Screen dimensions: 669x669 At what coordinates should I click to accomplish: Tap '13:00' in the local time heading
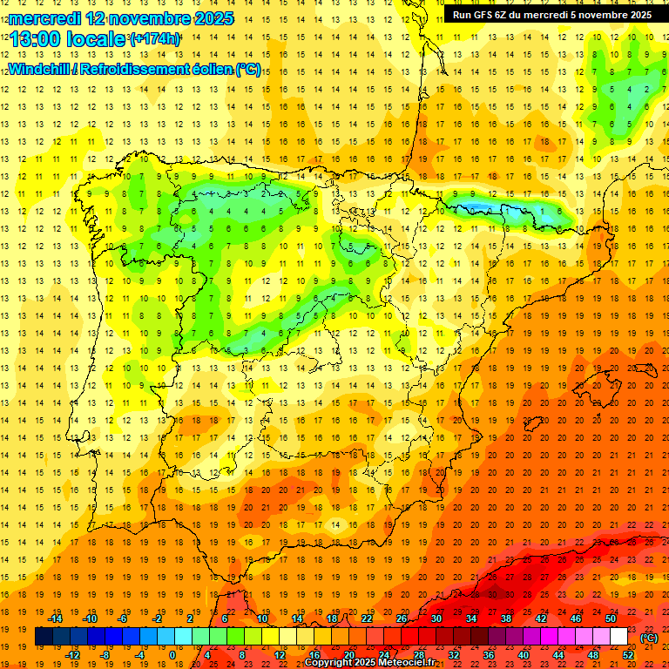[35, 39]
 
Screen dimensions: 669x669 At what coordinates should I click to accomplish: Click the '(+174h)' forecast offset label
[155, 39]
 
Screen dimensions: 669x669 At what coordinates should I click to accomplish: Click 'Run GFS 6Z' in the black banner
[483, 15]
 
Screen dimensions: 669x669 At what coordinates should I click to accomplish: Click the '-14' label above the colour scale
[56, 618]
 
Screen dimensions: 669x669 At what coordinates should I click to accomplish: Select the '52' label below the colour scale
[628, 655]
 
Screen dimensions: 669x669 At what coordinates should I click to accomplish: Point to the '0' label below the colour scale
[172, 655]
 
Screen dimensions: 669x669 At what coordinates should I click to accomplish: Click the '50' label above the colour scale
[611, 618]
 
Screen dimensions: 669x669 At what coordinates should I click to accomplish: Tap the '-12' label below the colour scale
[72, 655]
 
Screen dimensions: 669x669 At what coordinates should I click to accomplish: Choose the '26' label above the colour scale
[402, 618]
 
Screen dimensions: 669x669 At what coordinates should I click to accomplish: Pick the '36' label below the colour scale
[489, 655]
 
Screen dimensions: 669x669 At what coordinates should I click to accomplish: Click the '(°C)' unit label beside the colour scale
[648, 638]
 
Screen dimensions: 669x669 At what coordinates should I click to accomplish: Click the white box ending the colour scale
[619, 637]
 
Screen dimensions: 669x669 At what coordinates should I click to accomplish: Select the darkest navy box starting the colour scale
[44, 637]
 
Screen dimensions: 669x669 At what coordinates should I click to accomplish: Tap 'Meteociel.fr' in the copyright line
[403, 663]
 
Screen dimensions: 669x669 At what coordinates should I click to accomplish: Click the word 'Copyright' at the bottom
[328, 663]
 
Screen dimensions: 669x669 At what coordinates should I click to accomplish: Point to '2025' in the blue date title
[212, 18]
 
